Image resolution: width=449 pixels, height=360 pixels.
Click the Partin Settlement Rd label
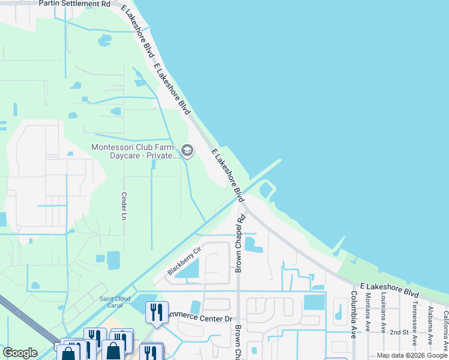74,4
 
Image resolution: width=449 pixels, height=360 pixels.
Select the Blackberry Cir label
183,261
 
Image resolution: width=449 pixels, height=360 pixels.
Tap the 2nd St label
399,332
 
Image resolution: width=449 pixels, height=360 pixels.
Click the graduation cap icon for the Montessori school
187,150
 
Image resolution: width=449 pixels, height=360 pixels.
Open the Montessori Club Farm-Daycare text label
133,151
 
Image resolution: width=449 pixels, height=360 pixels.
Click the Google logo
20,353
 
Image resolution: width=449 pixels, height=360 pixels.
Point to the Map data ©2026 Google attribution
411,355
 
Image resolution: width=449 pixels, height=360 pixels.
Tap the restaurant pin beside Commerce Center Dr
156,312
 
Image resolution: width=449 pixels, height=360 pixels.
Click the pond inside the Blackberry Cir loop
188,272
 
